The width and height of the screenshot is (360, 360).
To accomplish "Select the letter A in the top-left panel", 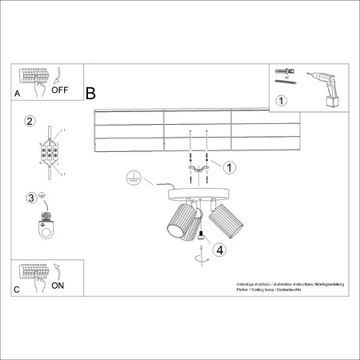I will (18, 94).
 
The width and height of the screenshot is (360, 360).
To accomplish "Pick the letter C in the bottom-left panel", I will (17, 290).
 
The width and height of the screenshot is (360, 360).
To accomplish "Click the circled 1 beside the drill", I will (281, 102).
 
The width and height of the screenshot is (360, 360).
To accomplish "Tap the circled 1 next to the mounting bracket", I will (230, 168).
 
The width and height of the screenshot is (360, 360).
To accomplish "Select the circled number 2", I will (30, 122).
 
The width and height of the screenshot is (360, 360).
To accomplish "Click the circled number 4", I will (220, 249).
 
